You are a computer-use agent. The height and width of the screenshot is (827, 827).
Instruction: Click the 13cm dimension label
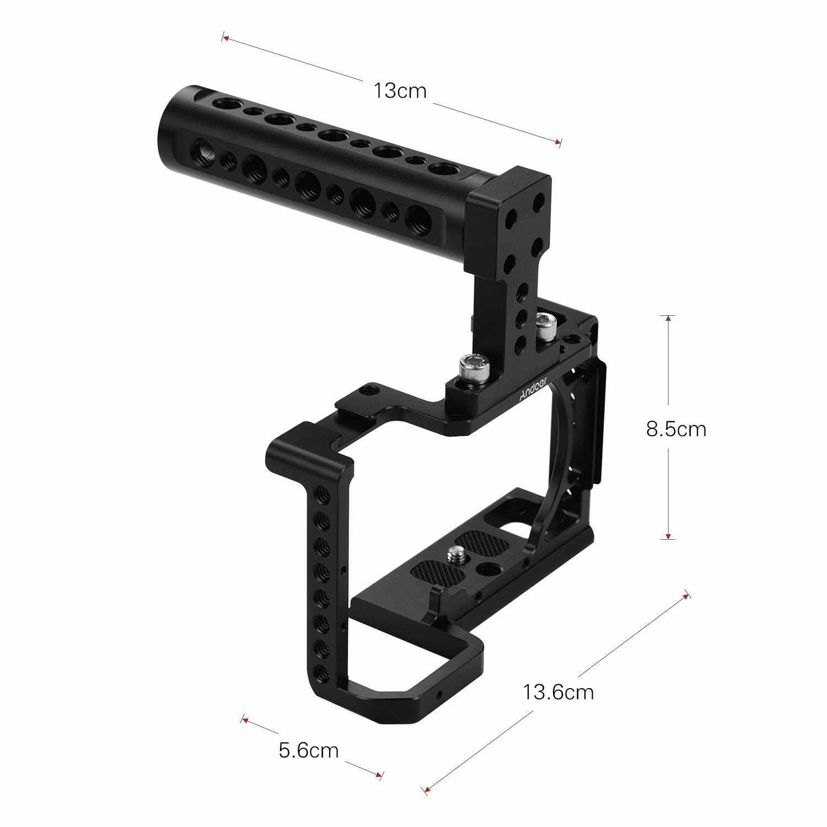[x=400, y=90]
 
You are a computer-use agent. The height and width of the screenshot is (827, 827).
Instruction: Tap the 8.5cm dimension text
[x=676, y=429]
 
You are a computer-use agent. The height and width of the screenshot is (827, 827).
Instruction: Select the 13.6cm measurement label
[x=559, y=691]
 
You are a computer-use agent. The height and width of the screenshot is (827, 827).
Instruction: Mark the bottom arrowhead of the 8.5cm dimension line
[x=668, y=534]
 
